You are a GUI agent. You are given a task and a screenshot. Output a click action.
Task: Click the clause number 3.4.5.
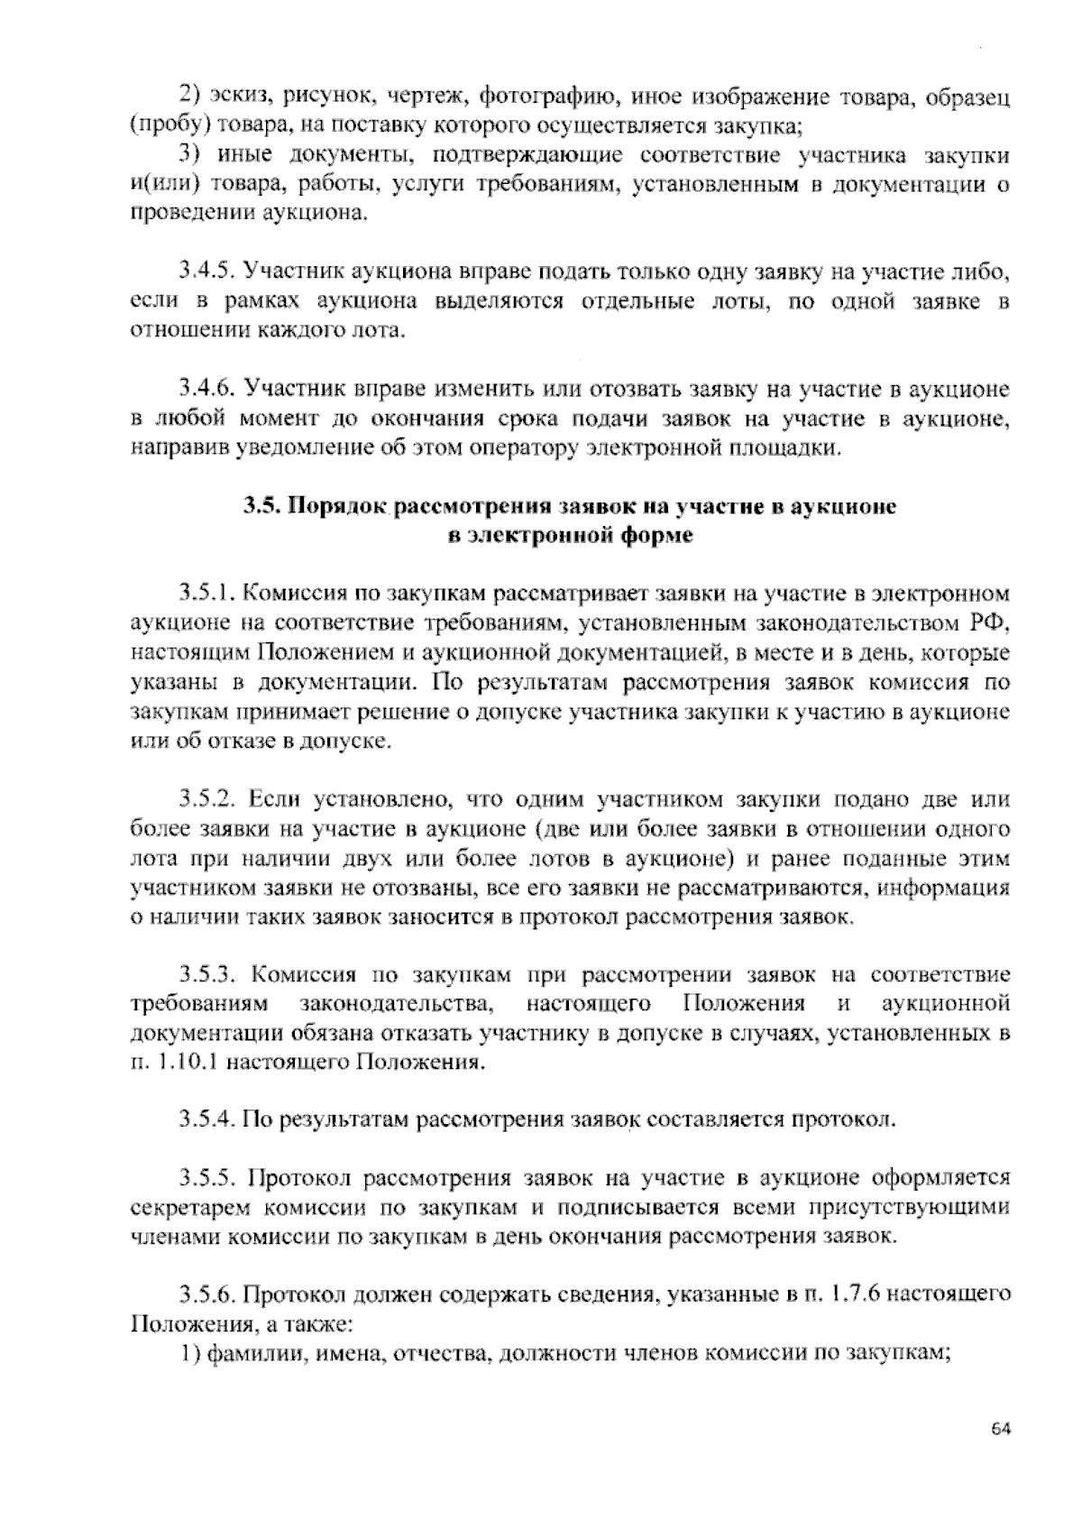pos(206,272)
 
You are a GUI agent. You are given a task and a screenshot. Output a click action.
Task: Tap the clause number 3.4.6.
pos(206,390)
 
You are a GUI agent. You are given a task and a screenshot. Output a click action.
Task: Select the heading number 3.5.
pos(261,507)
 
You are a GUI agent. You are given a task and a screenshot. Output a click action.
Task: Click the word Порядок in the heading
pos(336,507)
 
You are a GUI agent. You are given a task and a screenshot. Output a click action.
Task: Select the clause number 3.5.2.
pos(206,799)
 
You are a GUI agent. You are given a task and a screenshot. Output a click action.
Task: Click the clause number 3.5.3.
pos(206,974)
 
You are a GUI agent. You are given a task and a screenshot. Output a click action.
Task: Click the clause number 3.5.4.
pos(206,1120)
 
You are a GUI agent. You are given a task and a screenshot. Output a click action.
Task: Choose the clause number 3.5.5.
pos(206,1178)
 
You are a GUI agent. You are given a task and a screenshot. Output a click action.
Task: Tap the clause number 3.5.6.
pos(206,1295)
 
